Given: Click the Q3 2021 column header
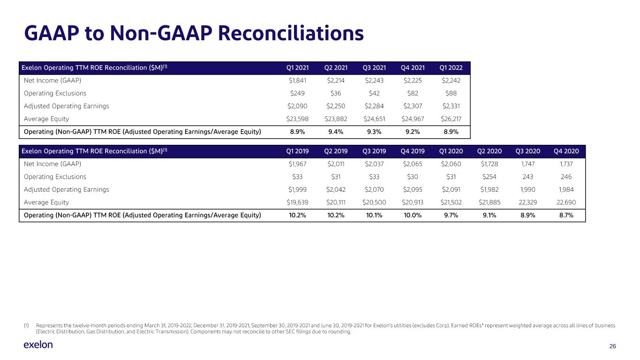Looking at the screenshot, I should pos(373,68).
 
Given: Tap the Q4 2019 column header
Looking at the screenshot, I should pos(412,151).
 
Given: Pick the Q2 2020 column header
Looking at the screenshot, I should pos(489,151).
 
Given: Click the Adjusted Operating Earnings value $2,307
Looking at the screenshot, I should pos(412,106).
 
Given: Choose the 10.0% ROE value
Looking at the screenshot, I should pos(412,215).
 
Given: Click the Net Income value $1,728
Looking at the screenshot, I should pos(489,164).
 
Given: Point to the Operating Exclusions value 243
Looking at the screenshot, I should pos(528,177).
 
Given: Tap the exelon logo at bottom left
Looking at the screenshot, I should pos(38,345).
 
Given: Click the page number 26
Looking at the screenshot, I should pos(612,346).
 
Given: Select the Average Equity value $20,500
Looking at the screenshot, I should pos(373,202).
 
